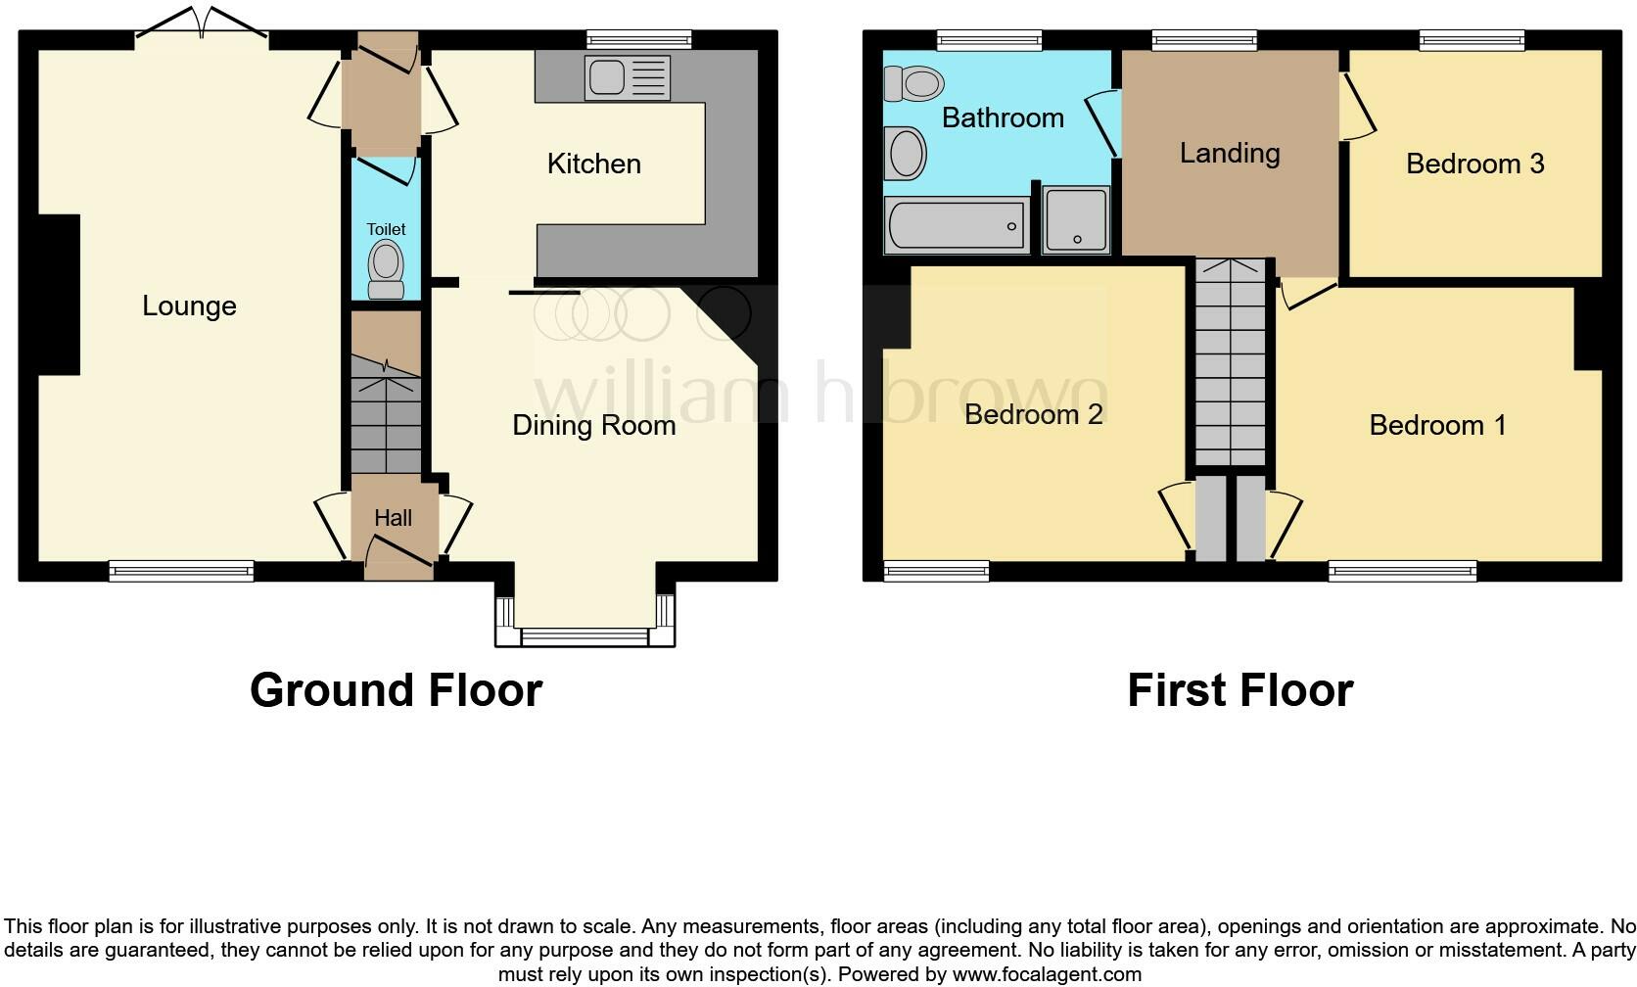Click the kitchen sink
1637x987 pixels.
click(627, 77)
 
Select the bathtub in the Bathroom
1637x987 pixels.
click(956, 226)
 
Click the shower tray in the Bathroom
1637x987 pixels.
click(1076, 220)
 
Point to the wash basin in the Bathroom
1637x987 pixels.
click(906, 154)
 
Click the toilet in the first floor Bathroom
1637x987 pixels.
click(912, 84)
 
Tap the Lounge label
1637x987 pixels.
click(189, 305)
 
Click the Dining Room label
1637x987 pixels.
click(593, 425)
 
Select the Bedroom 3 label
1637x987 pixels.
click(1474, 164)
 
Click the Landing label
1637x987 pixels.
click(1229, 153)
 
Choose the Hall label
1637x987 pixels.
click(393, 518)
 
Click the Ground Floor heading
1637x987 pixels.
click(396, 690)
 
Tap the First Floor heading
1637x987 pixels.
click(1239, 690)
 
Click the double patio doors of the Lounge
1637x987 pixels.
click(202, 24)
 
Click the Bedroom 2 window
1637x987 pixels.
click(936, 570)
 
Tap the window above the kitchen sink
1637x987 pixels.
click(638, 39)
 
